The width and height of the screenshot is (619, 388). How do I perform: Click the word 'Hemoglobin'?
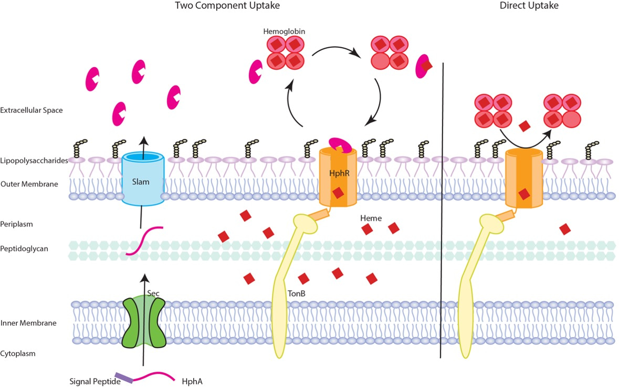284,32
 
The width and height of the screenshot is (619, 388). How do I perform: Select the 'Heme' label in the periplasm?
371,217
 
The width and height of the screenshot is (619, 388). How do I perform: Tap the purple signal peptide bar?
124,377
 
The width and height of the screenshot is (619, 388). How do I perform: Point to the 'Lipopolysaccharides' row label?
35,161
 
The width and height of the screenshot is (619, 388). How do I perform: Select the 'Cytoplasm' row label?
18,353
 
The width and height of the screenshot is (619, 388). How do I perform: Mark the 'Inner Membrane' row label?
28,323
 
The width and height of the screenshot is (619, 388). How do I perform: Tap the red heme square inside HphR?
338,192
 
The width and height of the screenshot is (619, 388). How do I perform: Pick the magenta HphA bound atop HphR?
339,144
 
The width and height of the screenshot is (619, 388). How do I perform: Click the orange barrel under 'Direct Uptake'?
523,179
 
